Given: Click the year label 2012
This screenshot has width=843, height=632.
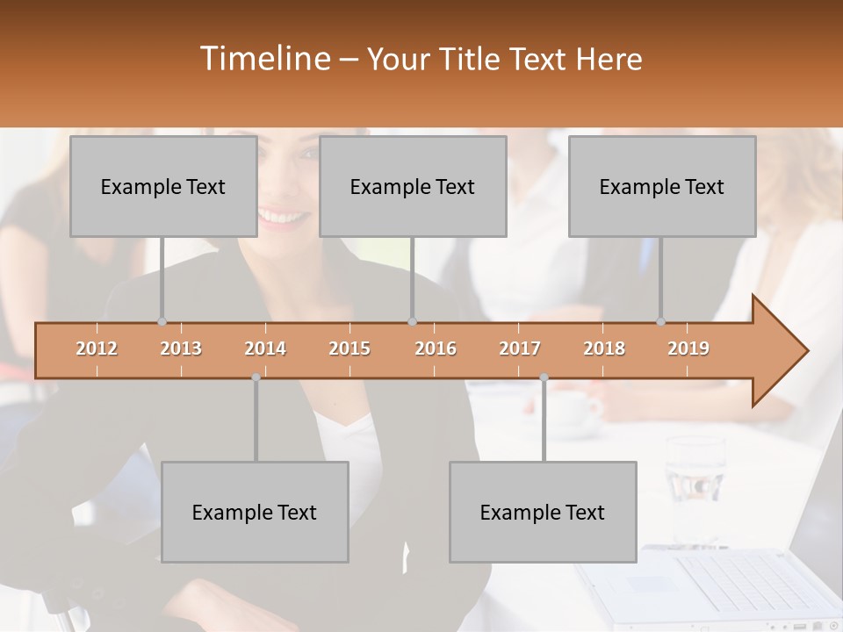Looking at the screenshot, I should [x=97, y=348].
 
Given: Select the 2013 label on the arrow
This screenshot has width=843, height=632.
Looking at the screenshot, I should [x=181, y=348].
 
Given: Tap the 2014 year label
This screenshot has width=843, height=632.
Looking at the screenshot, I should [x=265, y=348].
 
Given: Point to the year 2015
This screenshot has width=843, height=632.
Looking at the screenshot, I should [x=349, y=348].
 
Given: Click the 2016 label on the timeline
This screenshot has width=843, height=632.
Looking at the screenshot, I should [x=436, y=348].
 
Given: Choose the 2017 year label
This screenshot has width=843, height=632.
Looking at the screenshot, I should [x=520, y=348].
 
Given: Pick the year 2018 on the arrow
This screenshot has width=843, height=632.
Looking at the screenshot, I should [x=604, y=348].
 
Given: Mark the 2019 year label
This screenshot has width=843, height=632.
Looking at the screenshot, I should [x=688, y=348].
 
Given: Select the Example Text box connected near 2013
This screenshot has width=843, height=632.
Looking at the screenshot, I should [x=163, y=186].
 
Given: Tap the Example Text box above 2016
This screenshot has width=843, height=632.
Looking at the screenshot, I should [x=413, y=186].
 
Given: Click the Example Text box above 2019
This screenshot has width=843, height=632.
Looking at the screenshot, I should [x=662, y=186].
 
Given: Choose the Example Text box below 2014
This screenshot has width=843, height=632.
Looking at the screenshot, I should [x=255, y=512].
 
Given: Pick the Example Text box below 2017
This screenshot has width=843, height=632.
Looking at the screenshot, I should [x=543, y=512].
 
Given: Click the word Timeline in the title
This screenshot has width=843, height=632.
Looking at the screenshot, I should [x=263, y=58].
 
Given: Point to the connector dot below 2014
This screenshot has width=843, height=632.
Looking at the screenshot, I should [x=256, y=377].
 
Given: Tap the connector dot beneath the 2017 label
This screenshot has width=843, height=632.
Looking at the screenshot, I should [x=544, y=377].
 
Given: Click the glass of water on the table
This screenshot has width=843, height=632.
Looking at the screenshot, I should [x=695, y=478].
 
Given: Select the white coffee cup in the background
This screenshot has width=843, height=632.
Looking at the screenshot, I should [x=575, y=408].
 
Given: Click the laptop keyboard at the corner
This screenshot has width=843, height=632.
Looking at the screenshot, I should [x=746, y=584].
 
